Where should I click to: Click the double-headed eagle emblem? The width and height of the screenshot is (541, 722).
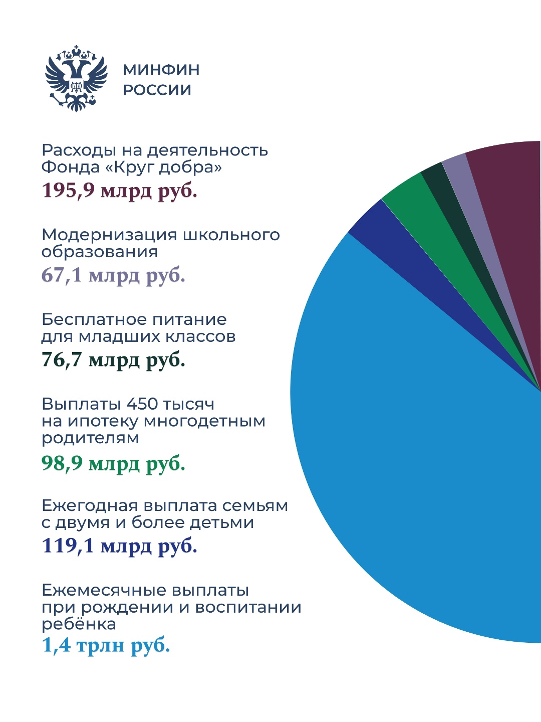(76, 78)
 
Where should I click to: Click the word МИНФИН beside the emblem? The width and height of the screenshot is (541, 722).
(161, 69)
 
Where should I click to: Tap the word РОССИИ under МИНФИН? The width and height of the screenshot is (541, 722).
(157, 90)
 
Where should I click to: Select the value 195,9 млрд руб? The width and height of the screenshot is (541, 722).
(119, 191)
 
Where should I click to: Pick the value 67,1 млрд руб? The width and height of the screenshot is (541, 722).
(113, 275)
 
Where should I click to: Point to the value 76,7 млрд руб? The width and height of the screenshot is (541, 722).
(113, 359)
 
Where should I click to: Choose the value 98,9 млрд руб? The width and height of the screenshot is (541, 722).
(113, 463)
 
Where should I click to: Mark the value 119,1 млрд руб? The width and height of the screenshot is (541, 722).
(119, 546)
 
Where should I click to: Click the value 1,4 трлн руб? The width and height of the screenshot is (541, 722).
(106, 645)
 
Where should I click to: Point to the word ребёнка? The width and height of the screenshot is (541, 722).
(79, 624)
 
